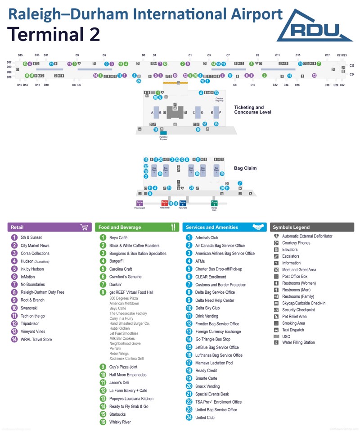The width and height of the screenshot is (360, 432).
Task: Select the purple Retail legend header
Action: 49,227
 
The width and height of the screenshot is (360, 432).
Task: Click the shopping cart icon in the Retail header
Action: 84,227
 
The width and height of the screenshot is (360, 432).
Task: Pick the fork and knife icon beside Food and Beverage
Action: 173,227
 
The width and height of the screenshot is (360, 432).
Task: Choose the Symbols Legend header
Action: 312,227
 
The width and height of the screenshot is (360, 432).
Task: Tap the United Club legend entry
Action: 205,418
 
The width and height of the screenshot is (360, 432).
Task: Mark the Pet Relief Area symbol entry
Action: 294,316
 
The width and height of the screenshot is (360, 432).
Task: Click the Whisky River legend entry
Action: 120,422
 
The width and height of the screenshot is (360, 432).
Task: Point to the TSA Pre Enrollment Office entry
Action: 218,402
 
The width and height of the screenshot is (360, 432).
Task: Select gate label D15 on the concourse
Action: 20,55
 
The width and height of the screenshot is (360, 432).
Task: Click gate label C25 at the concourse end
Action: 352,65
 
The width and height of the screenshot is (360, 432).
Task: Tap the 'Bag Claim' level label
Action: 245,168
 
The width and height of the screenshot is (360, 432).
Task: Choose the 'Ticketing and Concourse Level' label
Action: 252,110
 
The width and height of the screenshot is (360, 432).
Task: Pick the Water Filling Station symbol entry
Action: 298,342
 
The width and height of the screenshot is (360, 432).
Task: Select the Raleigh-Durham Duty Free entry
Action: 42,292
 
